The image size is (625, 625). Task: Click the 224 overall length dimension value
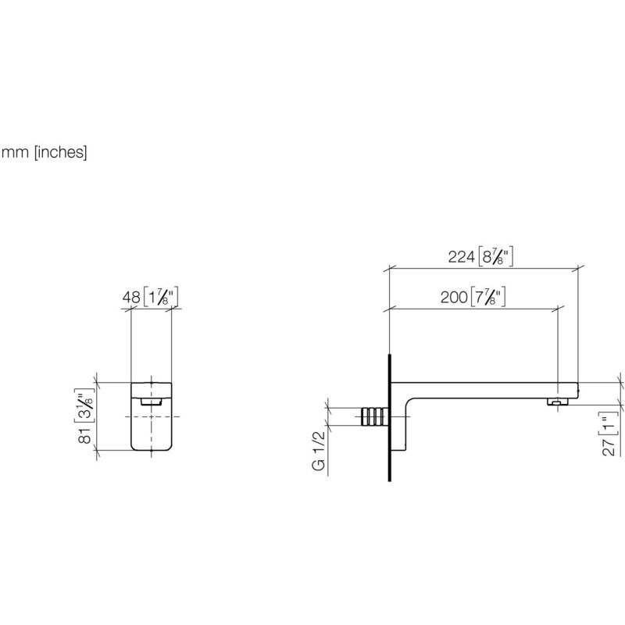tap(461, 257)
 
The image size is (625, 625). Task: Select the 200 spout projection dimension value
tap(454, 298)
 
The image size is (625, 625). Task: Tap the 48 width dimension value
tap(131, 298)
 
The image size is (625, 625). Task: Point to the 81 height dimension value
tap(85, 436)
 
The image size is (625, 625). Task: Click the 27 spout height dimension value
tap(609, 447)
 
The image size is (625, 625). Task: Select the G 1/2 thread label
tap(319, 451)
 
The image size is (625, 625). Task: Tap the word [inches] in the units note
tap(61, 152)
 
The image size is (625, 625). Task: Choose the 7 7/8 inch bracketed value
tap(487, 297)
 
